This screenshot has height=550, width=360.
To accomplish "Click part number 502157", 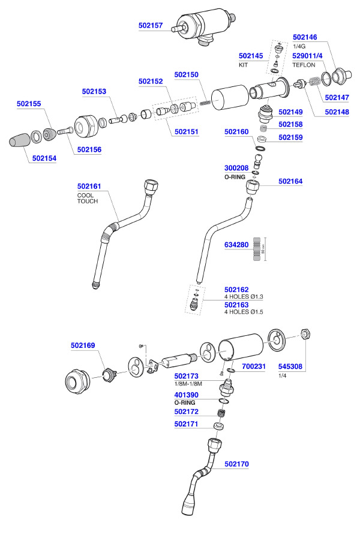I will [x=150, y=26].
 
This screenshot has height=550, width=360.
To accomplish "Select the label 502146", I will [x=305, y=37].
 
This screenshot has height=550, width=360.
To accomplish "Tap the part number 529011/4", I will [x=308, y=56].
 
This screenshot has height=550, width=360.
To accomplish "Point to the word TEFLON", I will [x=304, y=64].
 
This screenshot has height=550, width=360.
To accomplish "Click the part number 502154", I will [x=44, y=158].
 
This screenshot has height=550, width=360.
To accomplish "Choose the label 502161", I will [x=89, y=187].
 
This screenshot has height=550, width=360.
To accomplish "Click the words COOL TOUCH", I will [x=87, y=199].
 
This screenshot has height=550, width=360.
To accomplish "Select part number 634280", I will [x=236, y=245].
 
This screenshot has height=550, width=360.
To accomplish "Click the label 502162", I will [x=236, y=289].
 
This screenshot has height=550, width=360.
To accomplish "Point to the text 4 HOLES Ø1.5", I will [x=244, y=312].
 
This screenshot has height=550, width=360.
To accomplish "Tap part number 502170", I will [x=237, y=464].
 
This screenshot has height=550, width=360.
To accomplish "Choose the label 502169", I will [x=83, y=345].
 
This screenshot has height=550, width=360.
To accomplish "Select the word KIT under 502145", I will [x=243, y=64].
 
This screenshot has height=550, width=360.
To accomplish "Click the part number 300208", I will [x=236, y=169].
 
